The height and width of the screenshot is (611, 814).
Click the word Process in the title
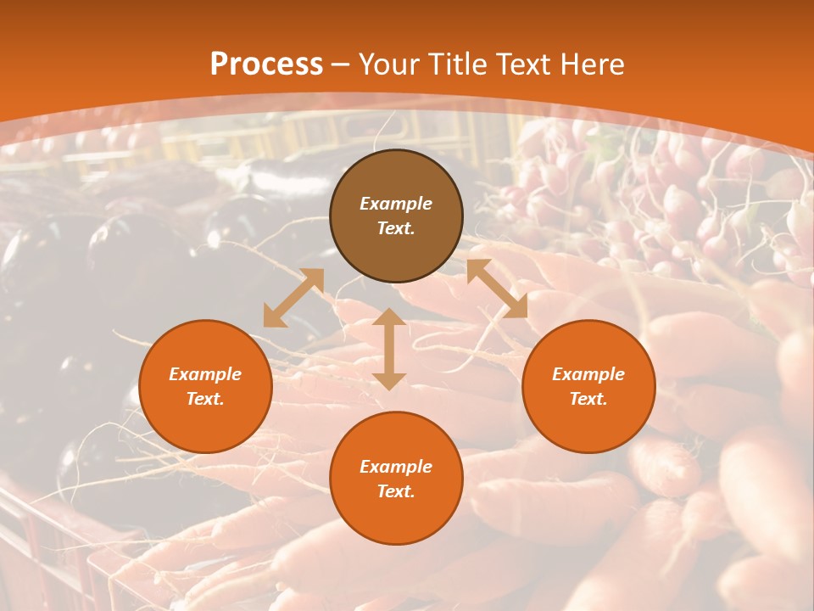click(266, 64)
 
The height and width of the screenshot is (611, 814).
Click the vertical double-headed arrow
click(389, 349)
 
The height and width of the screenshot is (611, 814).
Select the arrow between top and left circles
click(293, 298)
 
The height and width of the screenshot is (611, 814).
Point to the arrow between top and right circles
click(497, 289)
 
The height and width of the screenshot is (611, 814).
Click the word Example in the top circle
click(396, 204)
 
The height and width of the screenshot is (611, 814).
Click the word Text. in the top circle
click(396, 228)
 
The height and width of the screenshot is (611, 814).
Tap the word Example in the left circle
click(205, 374)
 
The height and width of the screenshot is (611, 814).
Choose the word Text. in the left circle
click(205, 399)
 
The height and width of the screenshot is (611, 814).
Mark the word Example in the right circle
click(588, 374)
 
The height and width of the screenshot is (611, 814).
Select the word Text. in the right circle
click(588, 399)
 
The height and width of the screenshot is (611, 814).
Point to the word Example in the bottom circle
click(396, 467)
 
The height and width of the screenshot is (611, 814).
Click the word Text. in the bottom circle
click(396, 491)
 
